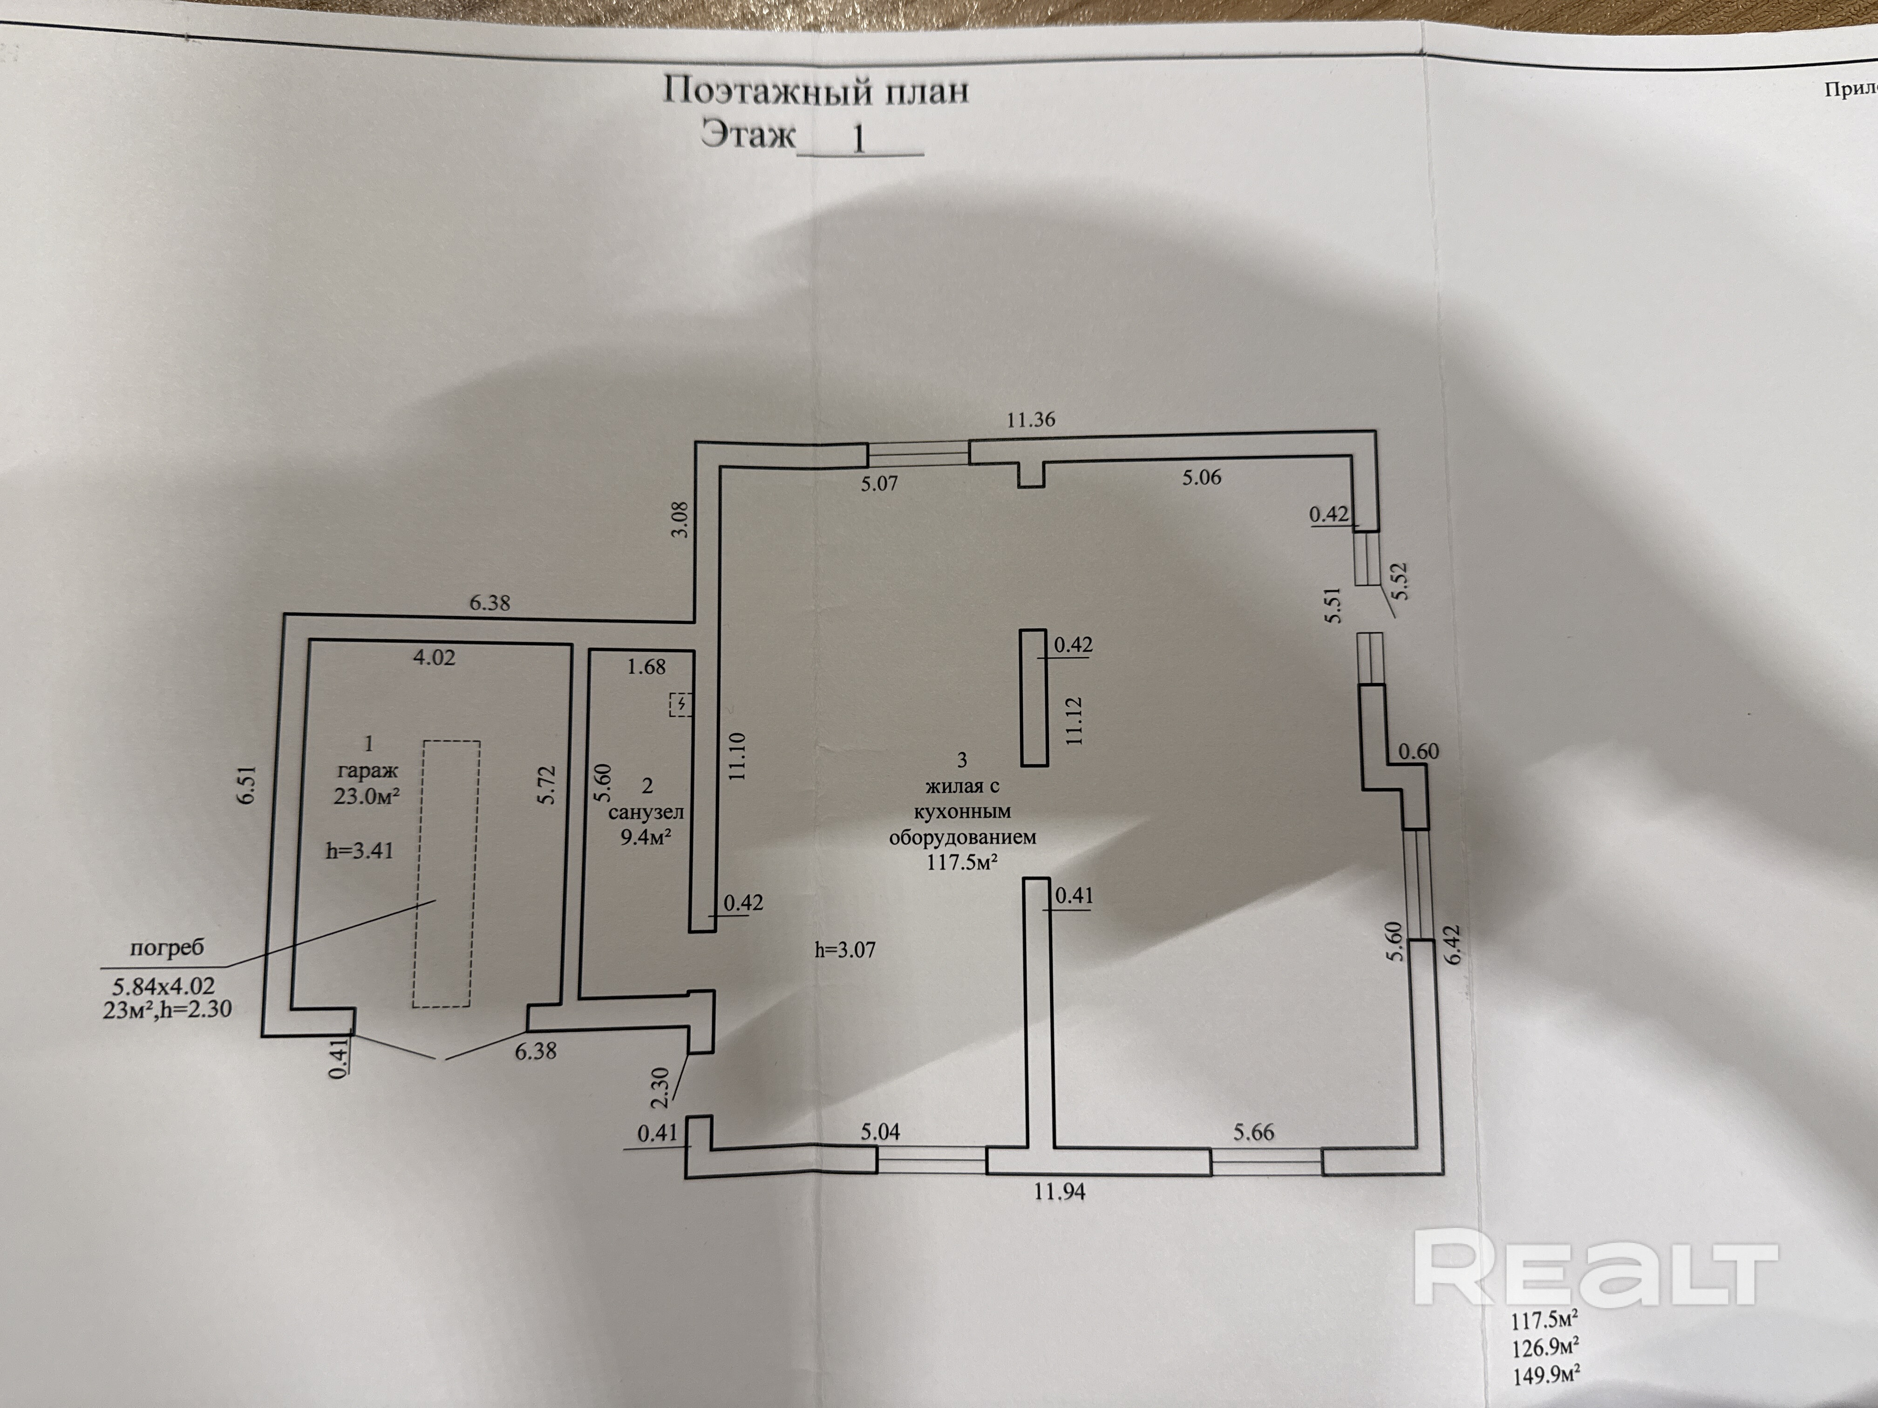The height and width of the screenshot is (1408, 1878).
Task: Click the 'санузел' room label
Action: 646,812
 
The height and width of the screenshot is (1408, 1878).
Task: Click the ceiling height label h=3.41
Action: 360,850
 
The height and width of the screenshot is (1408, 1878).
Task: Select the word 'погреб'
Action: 166,948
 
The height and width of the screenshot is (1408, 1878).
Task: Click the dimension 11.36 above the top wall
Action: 1031,419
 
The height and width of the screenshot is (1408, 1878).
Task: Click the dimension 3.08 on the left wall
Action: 680,520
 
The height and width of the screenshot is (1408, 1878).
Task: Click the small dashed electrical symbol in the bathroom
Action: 680,704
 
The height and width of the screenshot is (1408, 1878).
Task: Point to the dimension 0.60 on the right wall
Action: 1419,751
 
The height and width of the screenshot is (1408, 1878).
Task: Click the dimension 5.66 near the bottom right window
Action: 1254,1132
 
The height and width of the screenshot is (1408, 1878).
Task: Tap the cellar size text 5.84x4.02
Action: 164,986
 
